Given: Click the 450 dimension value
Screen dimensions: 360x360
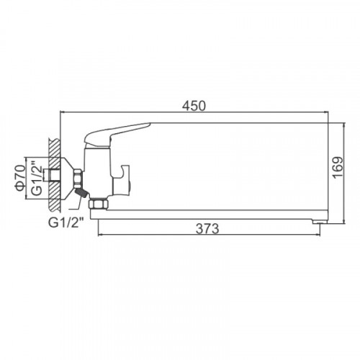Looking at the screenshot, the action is (x=194, y=106).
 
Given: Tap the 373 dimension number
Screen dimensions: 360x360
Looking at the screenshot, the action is (x=207, y=228).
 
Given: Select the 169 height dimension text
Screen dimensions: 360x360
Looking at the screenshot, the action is (x=338, y=168).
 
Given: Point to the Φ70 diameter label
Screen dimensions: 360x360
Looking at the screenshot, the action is (x=20, y=178).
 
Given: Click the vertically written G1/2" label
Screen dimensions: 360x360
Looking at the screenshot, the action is (x=37, y=180).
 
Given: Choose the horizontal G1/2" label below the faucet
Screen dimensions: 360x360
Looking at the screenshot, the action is (x=66, y=223).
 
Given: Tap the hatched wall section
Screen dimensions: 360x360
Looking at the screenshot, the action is (x=54, y=175).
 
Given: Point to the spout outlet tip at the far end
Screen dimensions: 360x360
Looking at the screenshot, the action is (x=319, y=222).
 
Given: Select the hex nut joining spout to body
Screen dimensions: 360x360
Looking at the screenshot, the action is (x=99, y=204).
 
